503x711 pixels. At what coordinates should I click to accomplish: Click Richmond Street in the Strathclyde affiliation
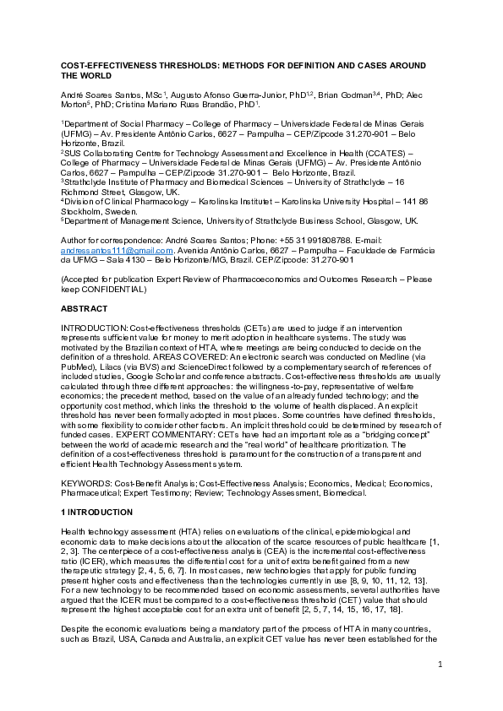click(x=89, y=191)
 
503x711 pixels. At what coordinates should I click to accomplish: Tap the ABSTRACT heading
click(x=83, y=309)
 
